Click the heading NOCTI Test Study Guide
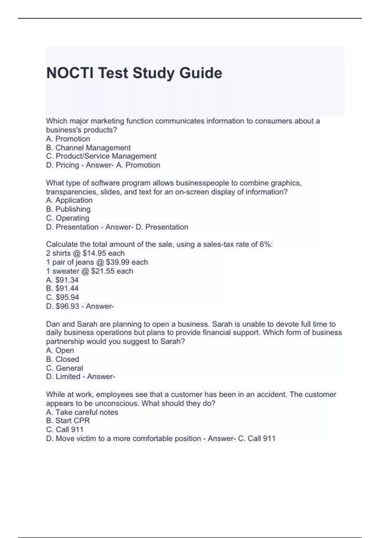(x=134, y=73)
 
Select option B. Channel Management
(x=88, y=148)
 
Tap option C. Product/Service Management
(x=101, y=156)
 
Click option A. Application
(x=69, y=200)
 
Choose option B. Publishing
(x=68, y=209)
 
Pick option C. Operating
(x=67, y=218)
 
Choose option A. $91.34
(x=62, y=280)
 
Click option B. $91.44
(x=62, y=288)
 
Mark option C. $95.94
(x=62, y=297)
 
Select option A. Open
(x=60, y=350)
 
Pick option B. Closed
(x=62, y=359)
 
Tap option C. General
(x=64, y=368)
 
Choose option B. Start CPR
(x=68, y=421)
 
